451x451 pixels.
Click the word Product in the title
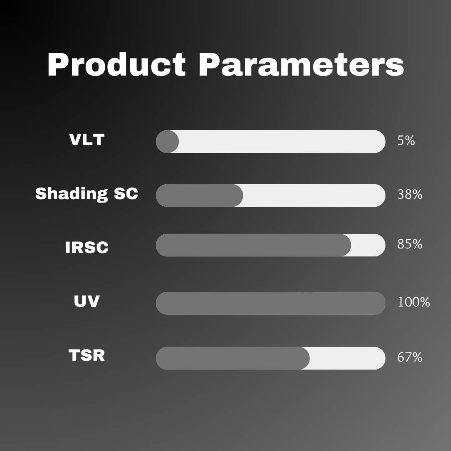coord(117,65)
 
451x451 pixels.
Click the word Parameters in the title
coord(301,65)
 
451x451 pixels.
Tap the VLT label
coord(86,139)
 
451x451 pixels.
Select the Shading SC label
coord(86,193)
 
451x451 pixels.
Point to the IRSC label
coord(86,247)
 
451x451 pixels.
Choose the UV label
coord(86,301)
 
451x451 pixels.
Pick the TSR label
coord(86,355)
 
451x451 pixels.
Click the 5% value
coord(406,141)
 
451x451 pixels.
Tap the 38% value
coord(410,195)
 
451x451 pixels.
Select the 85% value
coord(410,244)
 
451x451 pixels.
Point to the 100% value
coord(413,302)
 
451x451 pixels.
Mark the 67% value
coord(410,357)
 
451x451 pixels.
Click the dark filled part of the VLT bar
coord(167,142)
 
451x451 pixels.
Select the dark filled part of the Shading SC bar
coord(199,195)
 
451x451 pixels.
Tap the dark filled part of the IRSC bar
coord(253,245)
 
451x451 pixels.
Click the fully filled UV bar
coord(270,303)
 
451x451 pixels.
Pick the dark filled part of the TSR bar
coord(233,358)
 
